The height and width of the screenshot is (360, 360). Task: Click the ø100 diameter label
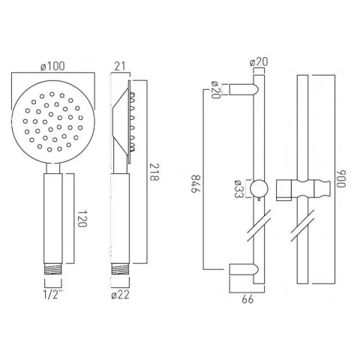coord(54,67)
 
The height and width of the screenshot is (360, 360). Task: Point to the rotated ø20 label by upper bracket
coord(215,91)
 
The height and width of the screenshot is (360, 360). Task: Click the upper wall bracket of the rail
coord(244,91)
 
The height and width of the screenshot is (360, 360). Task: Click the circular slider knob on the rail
coord(259,188)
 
